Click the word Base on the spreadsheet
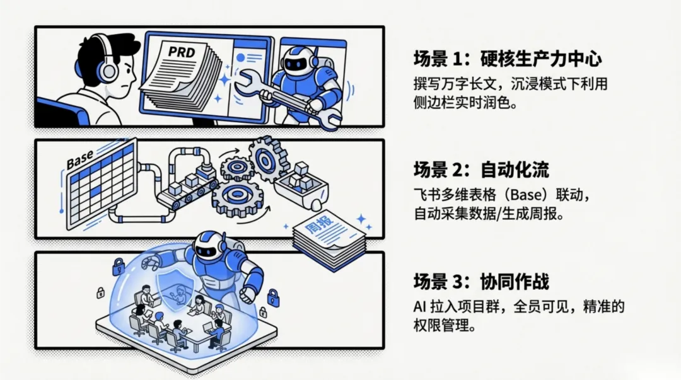point(80,158)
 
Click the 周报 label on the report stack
point(315,228)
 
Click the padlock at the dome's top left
point(117,265)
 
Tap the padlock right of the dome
point(273,297)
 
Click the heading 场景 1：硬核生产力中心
point(508,60)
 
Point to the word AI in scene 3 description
point(421,307)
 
